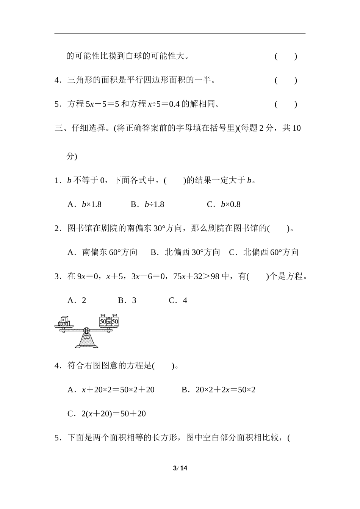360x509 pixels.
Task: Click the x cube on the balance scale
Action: [64, 319]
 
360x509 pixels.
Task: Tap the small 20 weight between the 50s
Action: [109, 322]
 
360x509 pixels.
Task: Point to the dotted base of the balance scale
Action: [87, 340]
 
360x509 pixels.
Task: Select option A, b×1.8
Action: [85, 205]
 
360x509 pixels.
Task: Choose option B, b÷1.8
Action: [147, 205]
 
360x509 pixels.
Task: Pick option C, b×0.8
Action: [224, 205]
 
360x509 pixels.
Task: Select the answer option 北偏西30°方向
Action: [185, 252]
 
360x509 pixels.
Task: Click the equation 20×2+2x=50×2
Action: [219, 390]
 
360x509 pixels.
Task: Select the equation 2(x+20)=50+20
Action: [106, 414]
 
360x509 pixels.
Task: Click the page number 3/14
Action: [180, 468]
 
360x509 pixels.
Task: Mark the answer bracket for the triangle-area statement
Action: [286, 80]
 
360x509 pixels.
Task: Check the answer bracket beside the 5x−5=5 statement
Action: [286, 104]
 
